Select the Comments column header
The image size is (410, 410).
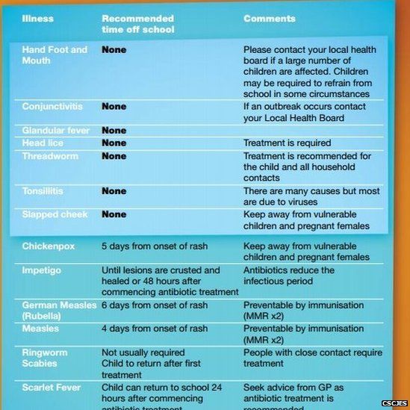(269, 18)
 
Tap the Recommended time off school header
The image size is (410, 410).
(137, 23)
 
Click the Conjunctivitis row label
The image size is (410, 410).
(52, 107)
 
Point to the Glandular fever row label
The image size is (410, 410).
(55, 131)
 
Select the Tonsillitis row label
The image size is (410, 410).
(44, 191)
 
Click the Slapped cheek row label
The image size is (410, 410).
(55, 214)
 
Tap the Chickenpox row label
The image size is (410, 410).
(47, 245)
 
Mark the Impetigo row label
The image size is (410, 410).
(42, 270)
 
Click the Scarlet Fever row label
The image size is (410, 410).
(50, 388)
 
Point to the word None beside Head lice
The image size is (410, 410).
(114, 143)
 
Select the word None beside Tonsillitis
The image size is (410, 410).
(114, 191)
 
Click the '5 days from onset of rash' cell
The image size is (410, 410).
(155, 245)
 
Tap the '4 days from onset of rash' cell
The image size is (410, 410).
(155, 329)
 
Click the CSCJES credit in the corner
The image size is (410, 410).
(393, 403)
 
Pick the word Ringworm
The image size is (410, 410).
(45, 352)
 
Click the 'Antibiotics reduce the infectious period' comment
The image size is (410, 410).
(288, 276)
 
